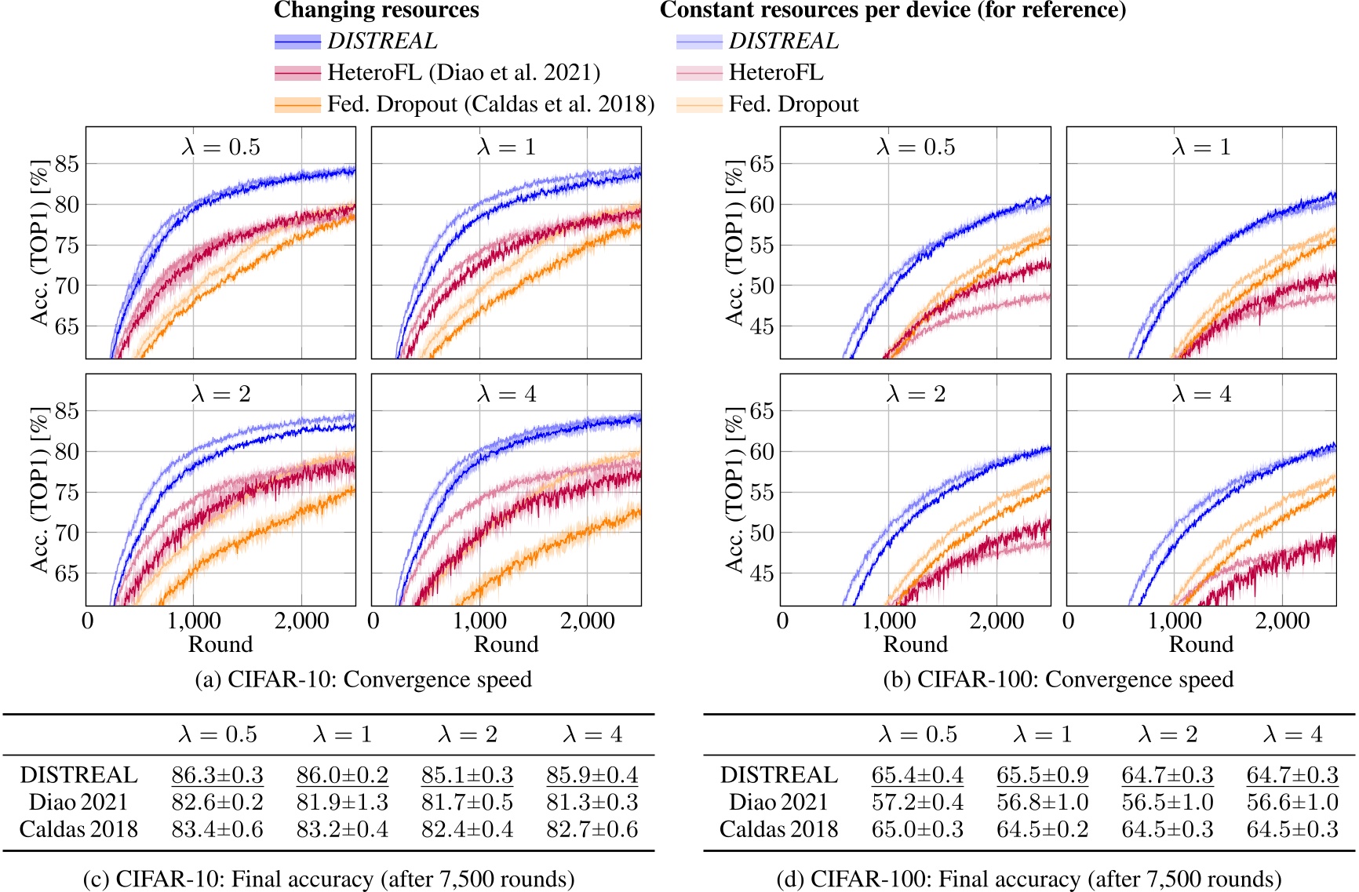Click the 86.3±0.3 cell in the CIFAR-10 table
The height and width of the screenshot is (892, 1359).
[217, 775]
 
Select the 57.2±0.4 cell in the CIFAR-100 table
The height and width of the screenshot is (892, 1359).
[917, 802]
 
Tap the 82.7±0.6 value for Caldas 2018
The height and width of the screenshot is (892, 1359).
[592, 829]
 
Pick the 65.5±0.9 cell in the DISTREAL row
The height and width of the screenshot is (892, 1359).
[1042, 775]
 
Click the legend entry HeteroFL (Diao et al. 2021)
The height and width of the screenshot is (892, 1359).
[463, 73]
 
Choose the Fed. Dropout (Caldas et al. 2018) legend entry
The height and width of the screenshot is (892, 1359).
[490, 104]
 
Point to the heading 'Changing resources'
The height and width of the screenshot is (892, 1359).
[376, 10]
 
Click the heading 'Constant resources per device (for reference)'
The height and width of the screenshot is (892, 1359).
[893, 10]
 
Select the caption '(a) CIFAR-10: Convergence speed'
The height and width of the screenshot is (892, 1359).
[363, 679]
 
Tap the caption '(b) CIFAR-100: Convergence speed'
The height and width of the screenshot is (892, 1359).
[1058, 679]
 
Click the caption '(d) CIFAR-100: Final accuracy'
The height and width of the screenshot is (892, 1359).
[1029, 879]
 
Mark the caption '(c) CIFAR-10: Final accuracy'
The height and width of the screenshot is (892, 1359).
[329, 879]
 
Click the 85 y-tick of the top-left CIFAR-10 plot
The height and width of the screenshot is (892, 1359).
[67, 164]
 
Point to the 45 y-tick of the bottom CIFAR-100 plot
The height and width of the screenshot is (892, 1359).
[762, 573]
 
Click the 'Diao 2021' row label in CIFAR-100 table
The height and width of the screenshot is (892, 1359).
[778, 802]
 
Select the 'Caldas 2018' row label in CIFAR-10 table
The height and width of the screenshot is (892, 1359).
[78, 829]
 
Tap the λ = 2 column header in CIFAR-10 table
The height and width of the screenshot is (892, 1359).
[467, 734]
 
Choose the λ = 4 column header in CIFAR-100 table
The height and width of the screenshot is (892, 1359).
[1292, 734]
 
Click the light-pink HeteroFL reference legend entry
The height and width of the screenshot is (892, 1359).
[776, 73]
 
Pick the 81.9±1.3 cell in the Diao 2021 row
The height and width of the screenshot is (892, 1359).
[342, 802]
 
